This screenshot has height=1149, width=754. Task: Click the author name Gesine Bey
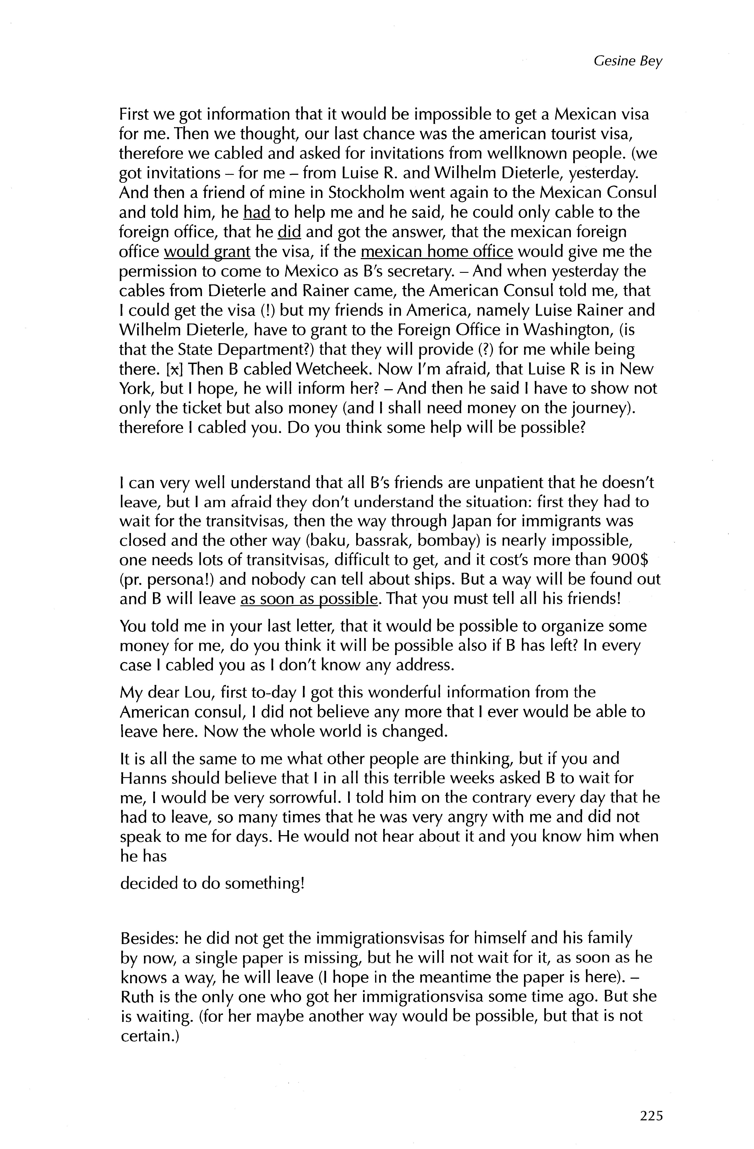coord(628,61)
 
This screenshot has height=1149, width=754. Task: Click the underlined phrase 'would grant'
coord(207,252)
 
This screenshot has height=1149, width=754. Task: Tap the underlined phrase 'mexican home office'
coord(436,252)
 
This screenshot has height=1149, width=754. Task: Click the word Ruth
coord(136,996)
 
